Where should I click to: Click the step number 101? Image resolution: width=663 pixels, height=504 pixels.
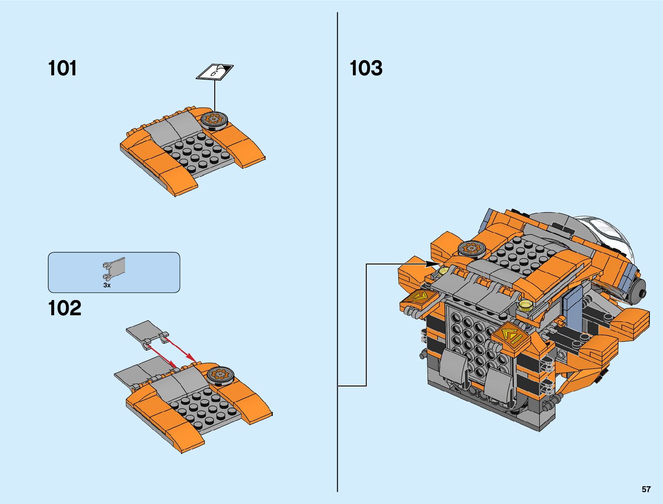tap(63, 68)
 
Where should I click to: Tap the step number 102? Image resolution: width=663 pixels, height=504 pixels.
tap(64, 308)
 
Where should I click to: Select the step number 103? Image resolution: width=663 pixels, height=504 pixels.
tap(366, 68)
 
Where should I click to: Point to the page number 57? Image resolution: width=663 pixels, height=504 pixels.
tap(646, 489)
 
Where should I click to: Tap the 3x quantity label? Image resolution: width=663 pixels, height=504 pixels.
tap(107, 285)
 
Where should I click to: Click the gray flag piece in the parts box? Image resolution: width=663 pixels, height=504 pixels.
tap(114, 268)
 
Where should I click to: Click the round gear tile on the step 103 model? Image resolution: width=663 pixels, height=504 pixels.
tap(471, 248)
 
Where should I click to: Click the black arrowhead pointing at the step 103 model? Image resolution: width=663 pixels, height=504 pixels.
tap(433, 264)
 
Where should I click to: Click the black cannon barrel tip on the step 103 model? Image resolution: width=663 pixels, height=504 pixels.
tap(642, 295)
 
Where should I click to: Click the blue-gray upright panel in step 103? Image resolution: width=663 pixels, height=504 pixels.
tap(573, 307)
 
